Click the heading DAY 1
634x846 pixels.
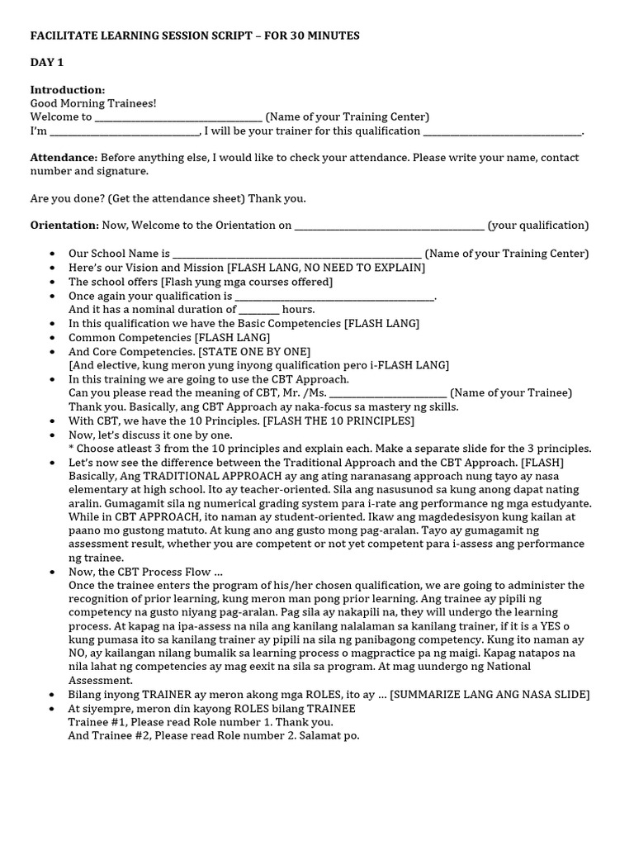point(47,63)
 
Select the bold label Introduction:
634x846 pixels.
point(68,89)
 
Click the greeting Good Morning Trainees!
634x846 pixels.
point(93,103)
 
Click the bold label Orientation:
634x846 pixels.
point(65,225)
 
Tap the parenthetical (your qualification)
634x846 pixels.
point(538,225)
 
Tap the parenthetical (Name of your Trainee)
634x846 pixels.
point(511,392)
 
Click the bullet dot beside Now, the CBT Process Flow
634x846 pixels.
point(53,572)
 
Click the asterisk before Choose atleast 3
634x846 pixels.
point(71,449)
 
